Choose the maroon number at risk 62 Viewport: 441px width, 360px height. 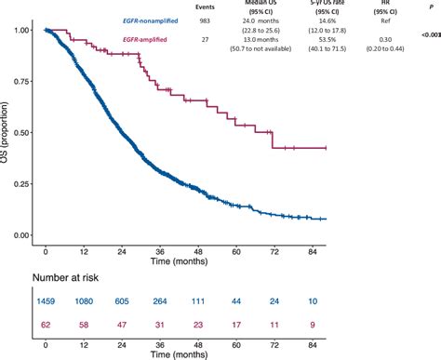click(x=47, y=323)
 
